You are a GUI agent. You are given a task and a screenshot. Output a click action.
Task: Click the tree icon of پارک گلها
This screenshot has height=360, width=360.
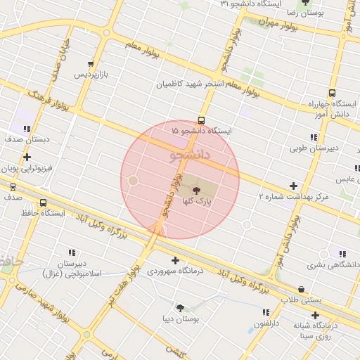(x=195, y=190)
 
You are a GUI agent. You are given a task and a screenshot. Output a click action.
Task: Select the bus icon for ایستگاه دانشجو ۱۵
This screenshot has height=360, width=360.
(x=202, y=120)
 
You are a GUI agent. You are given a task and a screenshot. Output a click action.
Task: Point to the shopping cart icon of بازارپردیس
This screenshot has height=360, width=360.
(x=91, y=63)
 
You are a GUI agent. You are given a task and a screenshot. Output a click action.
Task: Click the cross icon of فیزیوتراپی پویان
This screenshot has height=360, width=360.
(x=27, y=157)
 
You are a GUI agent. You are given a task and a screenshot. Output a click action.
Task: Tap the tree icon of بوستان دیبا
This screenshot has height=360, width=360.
(x=181, y=307)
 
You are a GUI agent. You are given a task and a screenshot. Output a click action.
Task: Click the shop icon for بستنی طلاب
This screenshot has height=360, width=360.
(x=302, y=288)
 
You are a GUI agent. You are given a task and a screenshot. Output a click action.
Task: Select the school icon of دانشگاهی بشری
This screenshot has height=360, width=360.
(x=342, y=254)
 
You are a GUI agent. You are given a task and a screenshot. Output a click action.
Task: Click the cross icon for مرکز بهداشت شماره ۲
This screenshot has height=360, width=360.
(x=293, y=186)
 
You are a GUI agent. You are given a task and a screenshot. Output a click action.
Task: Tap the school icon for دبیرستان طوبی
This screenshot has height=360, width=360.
(x=314, y=137)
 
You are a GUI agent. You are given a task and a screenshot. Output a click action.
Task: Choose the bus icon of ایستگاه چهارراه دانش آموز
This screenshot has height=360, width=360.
(x=332, y=93)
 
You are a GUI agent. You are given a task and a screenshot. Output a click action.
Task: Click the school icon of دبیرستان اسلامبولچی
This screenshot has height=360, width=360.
(x=72, y=252)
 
